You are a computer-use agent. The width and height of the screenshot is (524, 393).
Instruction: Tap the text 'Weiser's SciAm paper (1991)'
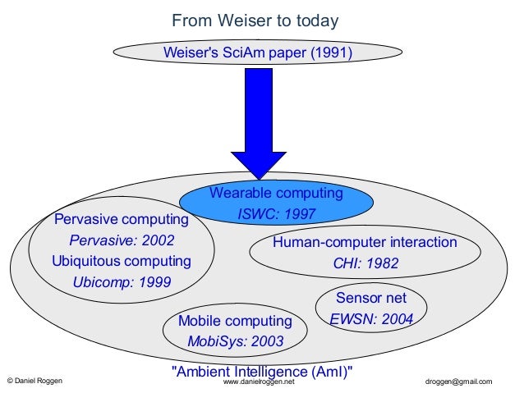[x=258, y=53]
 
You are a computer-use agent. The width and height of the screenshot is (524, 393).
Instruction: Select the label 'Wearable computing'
[x=276, y=194]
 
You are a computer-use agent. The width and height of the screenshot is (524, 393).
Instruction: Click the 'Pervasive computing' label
[x=121, y=221]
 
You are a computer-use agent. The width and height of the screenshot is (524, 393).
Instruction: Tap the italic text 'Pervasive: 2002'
[x=122, y=241]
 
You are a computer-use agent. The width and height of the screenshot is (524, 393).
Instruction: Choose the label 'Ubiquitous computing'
[x=122, y=262]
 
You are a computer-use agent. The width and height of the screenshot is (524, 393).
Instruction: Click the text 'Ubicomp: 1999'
[x=122, y=282]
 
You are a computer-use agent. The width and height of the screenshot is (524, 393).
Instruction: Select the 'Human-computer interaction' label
[x=365, y=243]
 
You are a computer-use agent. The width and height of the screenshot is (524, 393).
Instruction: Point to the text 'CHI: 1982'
[x=365, y=264]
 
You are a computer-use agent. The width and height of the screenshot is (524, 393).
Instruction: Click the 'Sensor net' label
[x=371, y=297]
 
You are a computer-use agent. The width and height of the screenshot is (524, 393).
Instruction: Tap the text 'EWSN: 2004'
[x=371, y=318]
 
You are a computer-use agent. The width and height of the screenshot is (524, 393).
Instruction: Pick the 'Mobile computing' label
[x=235, y=320]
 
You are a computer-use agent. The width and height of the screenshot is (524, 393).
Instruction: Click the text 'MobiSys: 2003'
[x=235, y=340]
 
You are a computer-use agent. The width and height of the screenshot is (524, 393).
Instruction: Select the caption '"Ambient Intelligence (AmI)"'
[x=261, y=370]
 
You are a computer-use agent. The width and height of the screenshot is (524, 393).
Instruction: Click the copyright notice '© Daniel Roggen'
[x=34, y=382]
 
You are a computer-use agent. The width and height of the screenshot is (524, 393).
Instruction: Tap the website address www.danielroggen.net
[x=259, y=382]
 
